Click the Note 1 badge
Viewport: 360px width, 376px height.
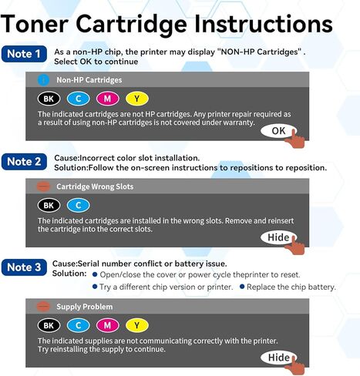tap(25, 54)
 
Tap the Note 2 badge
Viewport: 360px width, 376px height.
tap(25, 161)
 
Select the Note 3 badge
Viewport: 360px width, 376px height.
tap(25, 267)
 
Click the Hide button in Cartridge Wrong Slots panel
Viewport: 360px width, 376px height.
tap(278, 237)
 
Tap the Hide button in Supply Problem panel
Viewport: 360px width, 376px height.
tap(278, 358)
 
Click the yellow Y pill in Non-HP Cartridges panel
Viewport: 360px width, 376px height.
tap(136, 99)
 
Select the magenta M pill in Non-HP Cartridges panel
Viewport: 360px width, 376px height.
tap(107, 99)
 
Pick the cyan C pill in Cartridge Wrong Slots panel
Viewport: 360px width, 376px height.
tap(78, 205)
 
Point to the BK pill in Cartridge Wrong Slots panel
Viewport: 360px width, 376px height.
tap(49, 205)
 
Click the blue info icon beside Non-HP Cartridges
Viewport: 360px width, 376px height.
tap(43, 79)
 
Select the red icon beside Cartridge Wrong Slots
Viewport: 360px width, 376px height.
tap(43, 186)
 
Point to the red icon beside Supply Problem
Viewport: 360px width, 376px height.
tap(43, 306)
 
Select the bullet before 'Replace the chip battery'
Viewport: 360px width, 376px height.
tap(242, 287)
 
